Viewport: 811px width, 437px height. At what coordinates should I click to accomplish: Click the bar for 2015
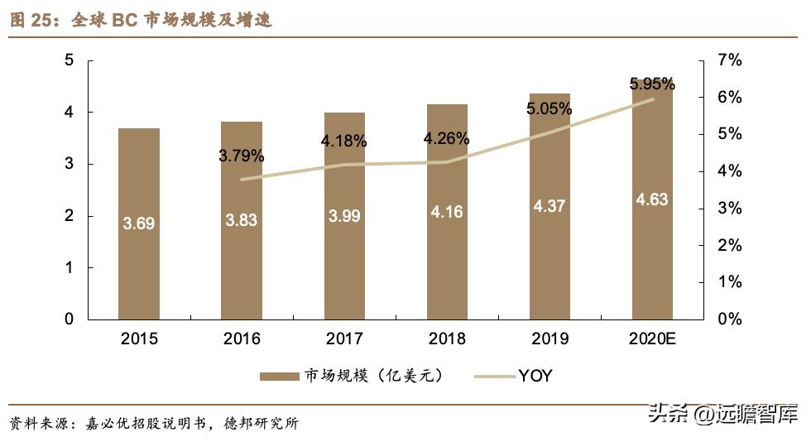coord(138,223)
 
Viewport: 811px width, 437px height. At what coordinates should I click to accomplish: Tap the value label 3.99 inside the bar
coord(344,216)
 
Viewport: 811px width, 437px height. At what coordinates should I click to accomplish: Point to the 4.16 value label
coord(447,212)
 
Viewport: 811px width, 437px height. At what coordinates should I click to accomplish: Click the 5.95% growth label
coord(652,84)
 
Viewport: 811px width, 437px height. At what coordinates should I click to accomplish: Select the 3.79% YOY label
coord(241,155)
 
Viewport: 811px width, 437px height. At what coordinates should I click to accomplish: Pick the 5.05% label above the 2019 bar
coord(549,108)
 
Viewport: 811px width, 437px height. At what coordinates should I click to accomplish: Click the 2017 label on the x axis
coord(344,339)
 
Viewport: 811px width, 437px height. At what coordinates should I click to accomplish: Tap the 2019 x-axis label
coord(549,339)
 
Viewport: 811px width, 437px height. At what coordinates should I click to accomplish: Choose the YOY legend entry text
coord(535,377)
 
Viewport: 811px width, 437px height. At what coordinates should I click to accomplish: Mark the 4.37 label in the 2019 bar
coord(549,206)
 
